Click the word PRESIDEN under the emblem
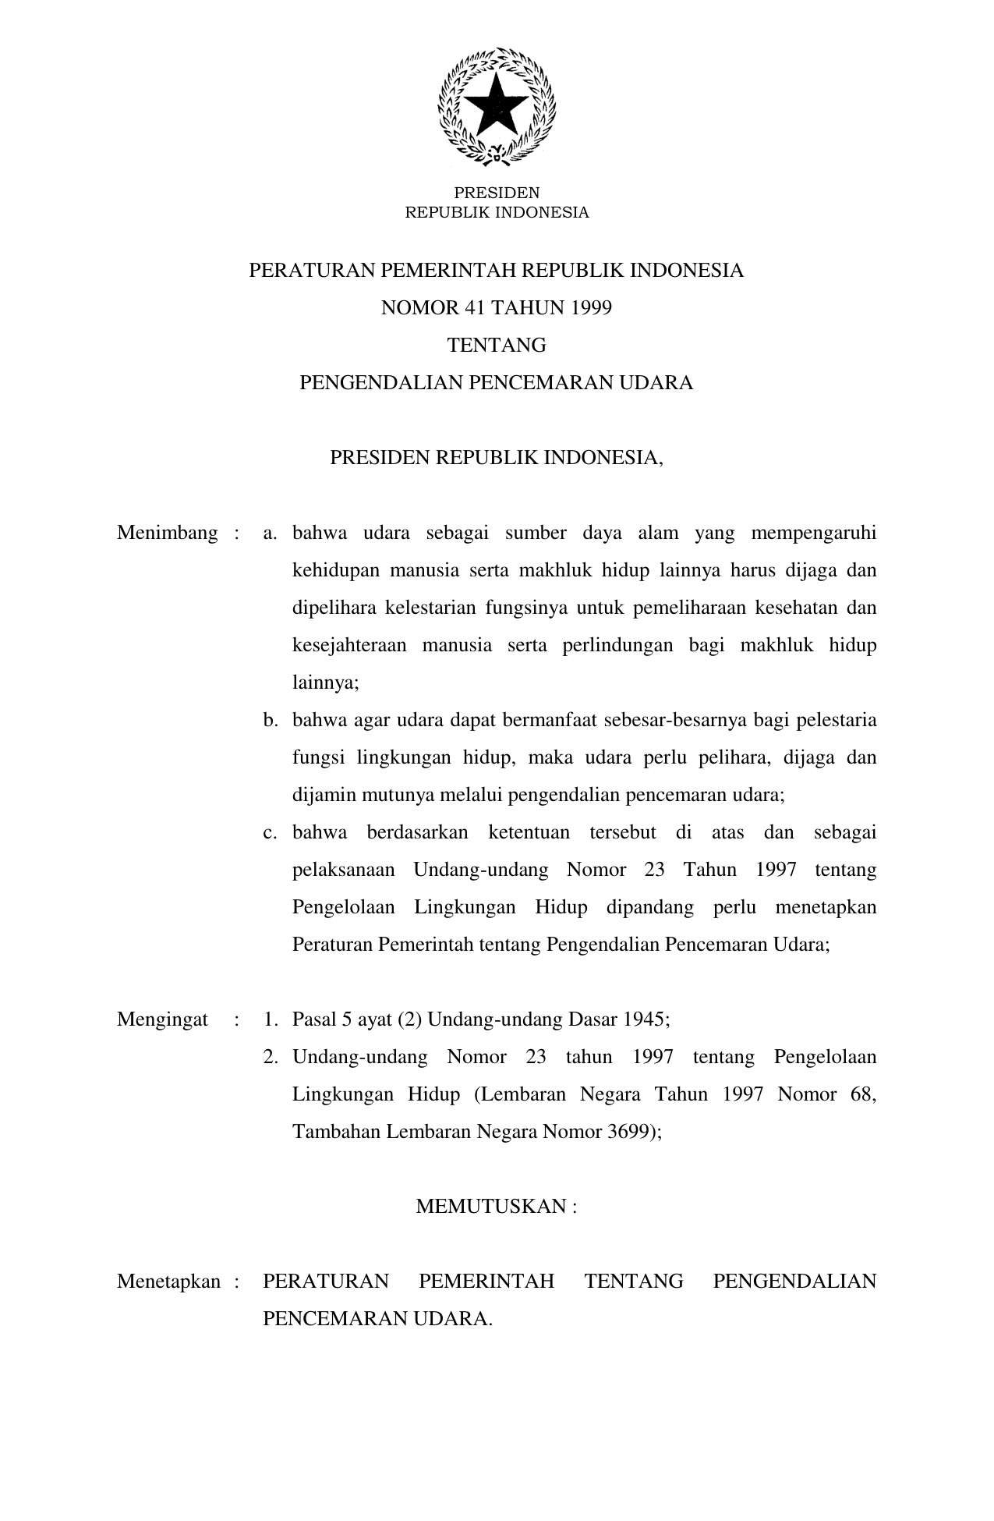pos(497,193)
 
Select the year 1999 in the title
pos(591,308)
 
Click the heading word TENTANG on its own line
pos(497,346)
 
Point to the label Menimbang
pos(168,534)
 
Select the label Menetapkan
pos(168,1282)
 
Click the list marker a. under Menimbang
pos(271,534)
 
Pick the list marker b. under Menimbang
pos(271,721)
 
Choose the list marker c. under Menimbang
pos(271,833)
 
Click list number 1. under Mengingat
pos(271,1019)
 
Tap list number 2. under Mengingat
pos(271,1058)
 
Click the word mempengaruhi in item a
pos(813,534)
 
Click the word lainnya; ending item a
pos(325,683)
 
